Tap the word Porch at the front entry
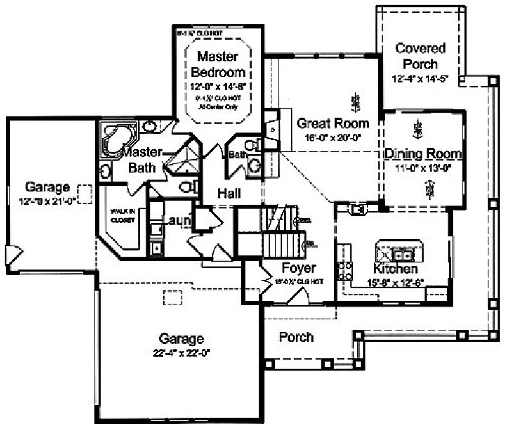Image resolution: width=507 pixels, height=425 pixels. tap(296, 337)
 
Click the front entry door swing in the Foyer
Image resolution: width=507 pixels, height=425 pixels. tap(296, 297)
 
